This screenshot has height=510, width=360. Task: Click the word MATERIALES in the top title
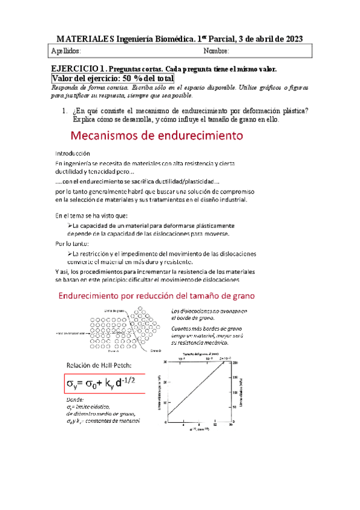tap(86, 38)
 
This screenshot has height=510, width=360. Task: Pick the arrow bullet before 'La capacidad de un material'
tap(69, 225)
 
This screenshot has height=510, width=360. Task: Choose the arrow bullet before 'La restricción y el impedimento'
tap(69, 253)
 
